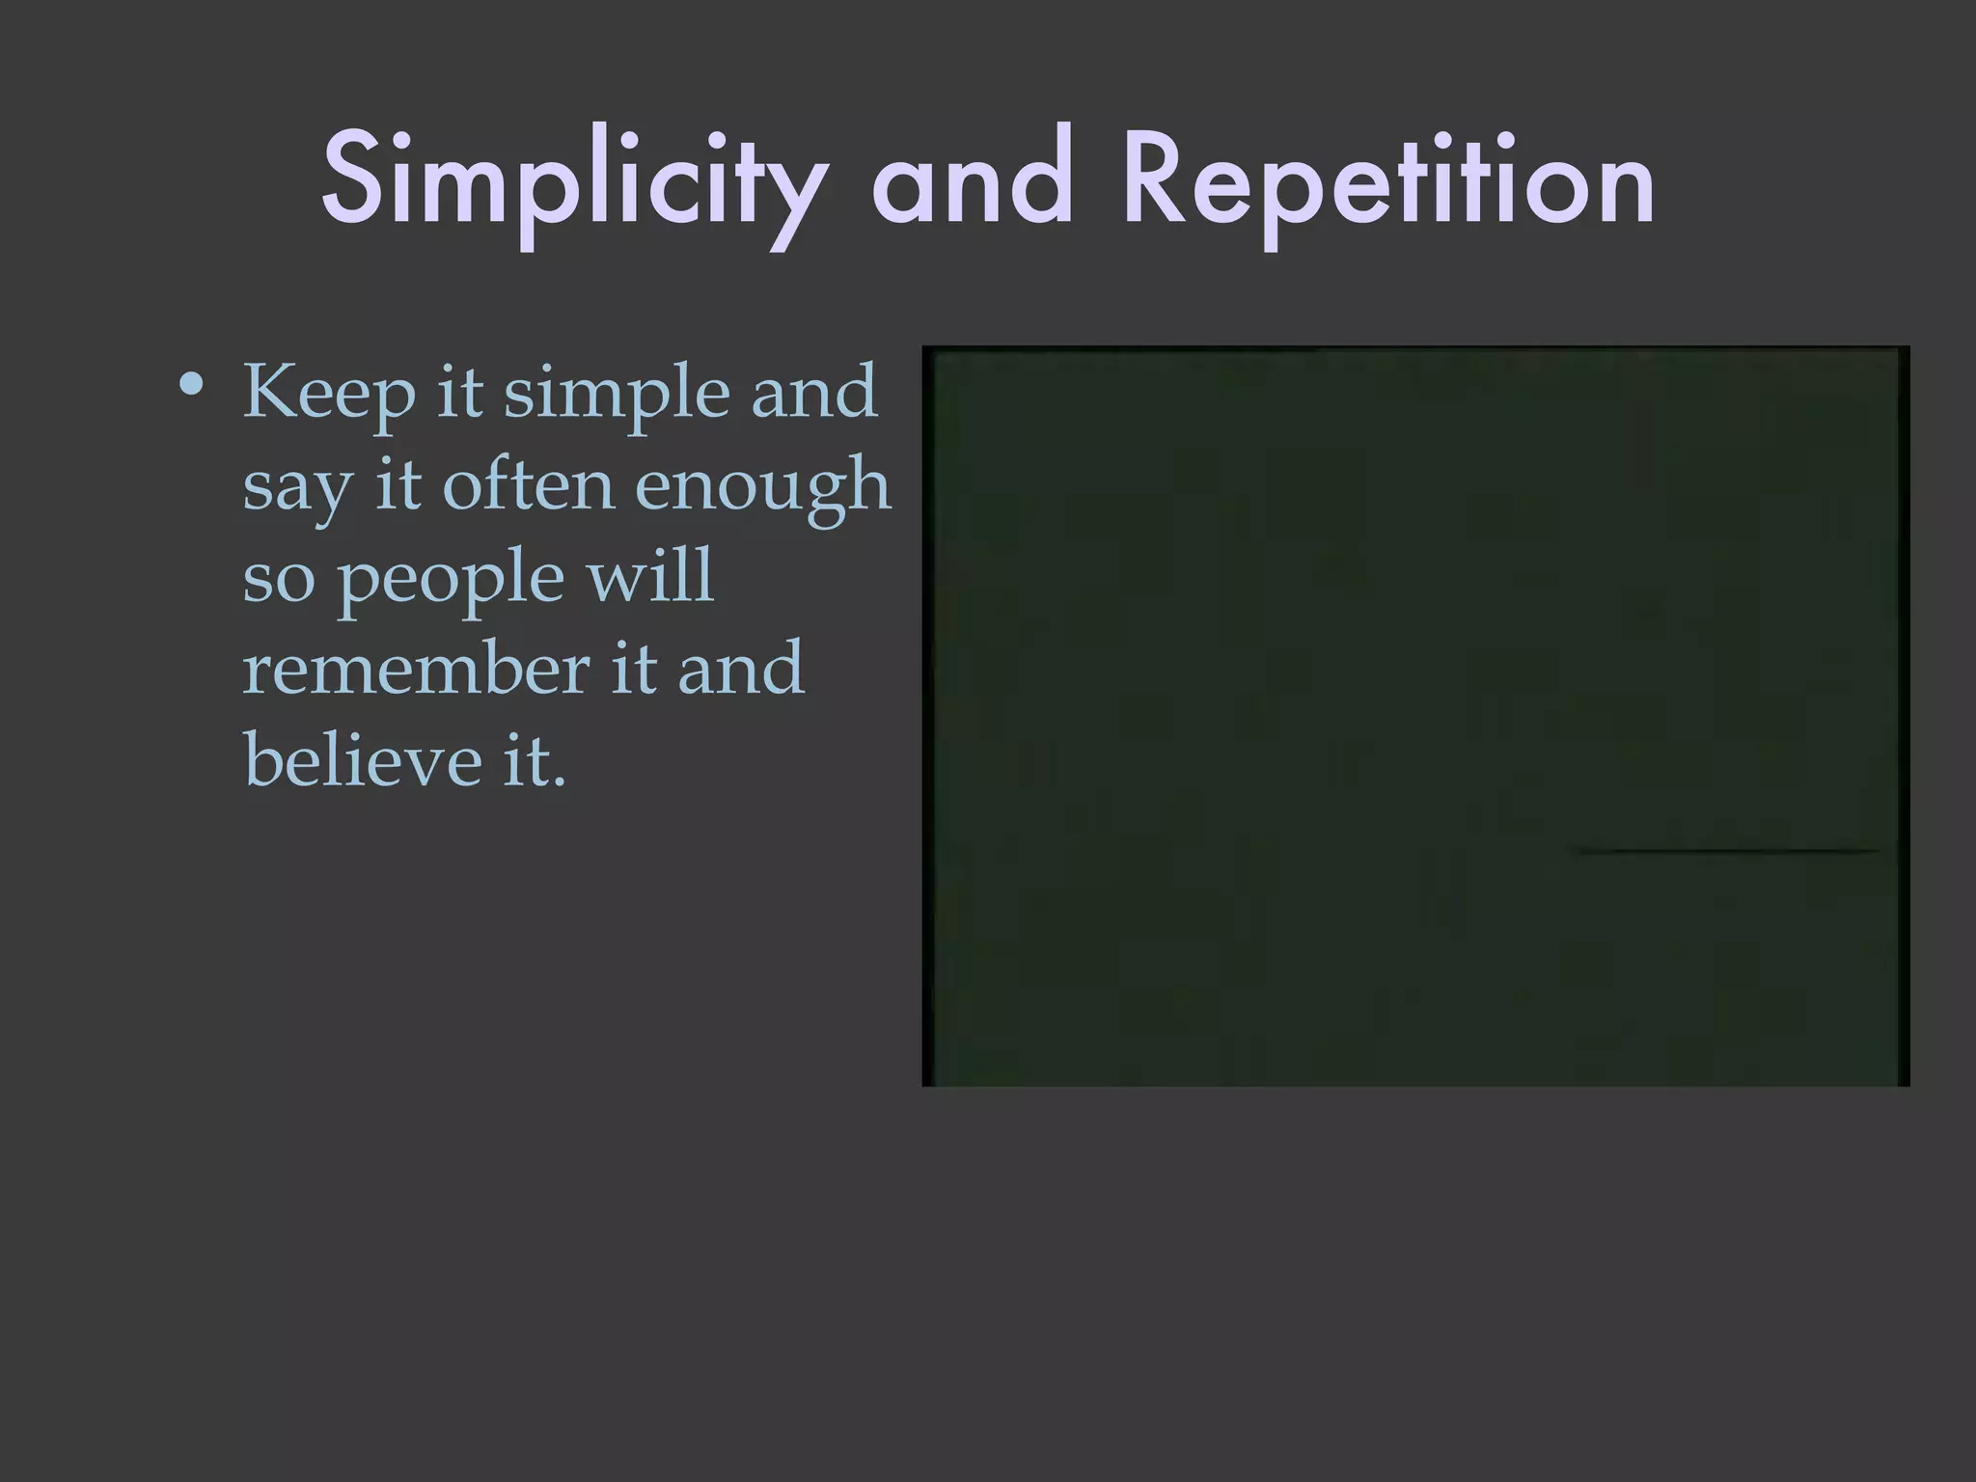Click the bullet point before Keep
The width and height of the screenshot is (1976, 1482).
191,387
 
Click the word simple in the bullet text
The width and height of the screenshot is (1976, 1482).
617,394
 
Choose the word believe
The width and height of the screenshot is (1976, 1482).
363,759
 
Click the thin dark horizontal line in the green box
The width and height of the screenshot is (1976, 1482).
1727,851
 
